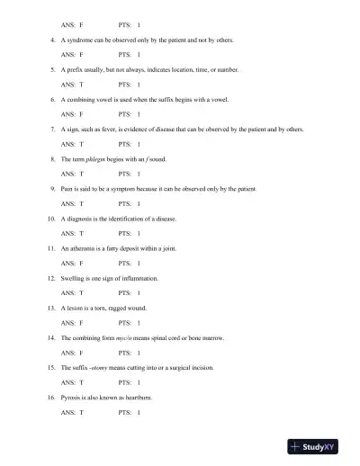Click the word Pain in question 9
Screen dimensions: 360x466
(x=68, y=189)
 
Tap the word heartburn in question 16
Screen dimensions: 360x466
(x=143, y=397)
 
